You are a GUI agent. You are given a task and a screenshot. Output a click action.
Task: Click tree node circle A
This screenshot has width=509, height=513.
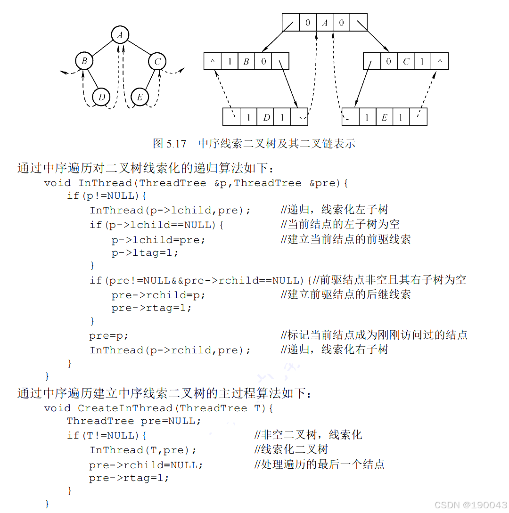click(x=120, y=34)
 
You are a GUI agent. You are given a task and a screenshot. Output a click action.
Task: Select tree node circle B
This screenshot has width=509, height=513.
click(x=84, y=61)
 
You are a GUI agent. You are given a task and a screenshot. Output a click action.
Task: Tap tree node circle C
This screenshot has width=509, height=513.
click(x=157, y=61)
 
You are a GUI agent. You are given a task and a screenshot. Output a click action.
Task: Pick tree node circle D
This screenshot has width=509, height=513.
click(x=101, y=97)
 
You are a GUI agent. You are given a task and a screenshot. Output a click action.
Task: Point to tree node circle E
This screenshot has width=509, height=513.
click(x=140, y=97)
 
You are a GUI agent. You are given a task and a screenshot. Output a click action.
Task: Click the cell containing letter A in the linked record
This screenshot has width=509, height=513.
click(x=324, y=22)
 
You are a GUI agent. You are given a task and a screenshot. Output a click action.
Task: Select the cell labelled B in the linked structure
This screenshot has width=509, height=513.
click(x=246, y=61)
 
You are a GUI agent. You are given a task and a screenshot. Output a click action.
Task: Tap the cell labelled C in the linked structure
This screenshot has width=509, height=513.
click(x=406, y=61)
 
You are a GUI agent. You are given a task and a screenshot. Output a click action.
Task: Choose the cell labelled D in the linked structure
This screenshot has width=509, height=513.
click(x=266, y=117)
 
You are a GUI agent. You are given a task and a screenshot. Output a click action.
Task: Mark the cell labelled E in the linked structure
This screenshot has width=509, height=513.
click(x=384, y=117)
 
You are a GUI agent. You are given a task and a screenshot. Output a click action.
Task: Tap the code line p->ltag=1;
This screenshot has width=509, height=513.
click(x=145, y=252)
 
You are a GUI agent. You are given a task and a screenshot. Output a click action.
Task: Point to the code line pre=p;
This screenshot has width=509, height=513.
click(x=109, y=336)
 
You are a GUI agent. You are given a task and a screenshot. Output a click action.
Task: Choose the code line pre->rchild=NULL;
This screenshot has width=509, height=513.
click(x=146, y=464)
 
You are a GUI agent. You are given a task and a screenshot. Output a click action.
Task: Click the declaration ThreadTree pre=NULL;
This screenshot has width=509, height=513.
click(x=134, y=421)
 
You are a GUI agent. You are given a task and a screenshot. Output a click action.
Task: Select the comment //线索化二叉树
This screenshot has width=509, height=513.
click(x=291, y=449)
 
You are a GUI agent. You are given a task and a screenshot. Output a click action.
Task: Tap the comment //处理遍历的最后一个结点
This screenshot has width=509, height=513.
click(x=320, y=464)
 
